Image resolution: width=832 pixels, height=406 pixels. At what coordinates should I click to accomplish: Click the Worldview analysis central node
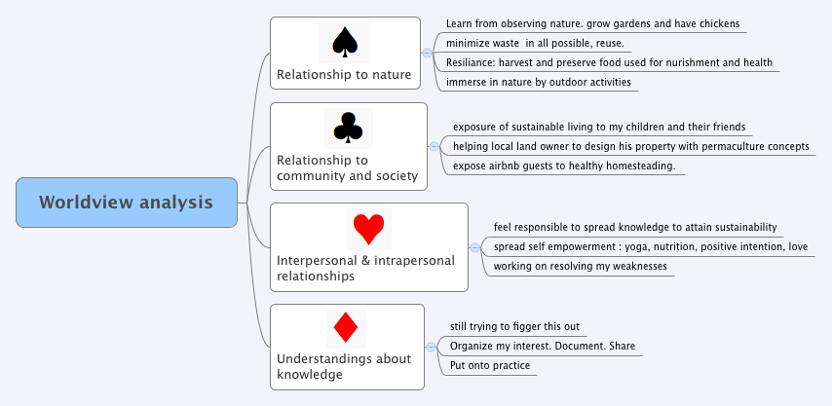(127, 203)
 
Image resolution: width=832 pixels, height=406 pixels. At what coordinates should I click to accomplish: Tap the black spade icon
(345, 41)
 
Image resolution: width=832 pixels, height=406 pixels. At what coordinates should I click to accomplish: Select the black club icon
(348, 127)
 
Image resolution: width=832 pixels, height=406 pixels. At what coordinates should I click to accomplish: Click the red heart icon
(368, 228)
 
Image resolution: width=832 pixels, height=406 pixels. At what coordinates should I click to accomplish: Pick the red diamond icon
(346, 327)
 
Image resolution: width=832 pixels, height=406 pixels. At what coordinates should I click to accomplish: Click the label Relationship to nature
(344, 74)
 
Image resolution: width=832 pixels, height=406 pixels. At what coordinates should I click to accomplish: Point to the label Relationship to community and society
(347, 167)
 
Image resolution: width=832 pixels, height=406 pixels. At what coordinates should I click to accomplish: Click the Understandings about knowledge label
(344, 366)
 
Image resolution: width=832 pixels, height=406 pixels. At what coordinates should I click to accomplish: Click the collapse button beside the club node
(434, 146)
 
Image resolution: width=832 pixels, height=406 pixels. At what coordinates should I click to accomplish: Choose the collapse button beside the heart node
(474, 247)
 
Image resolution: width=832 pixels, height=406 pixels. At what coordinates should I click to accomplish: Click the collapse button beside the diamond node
(431, 347)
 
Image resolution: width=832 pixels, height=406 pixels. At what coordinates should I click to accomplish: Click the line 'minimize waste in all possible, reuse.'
(534, 43)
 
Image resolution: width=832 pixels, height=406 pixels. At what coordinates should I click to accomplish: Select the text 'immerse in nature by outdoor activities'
(540, 82)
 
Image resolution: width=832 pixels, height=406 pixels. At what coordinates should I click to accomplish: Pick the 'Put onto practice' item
(490, 365)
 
